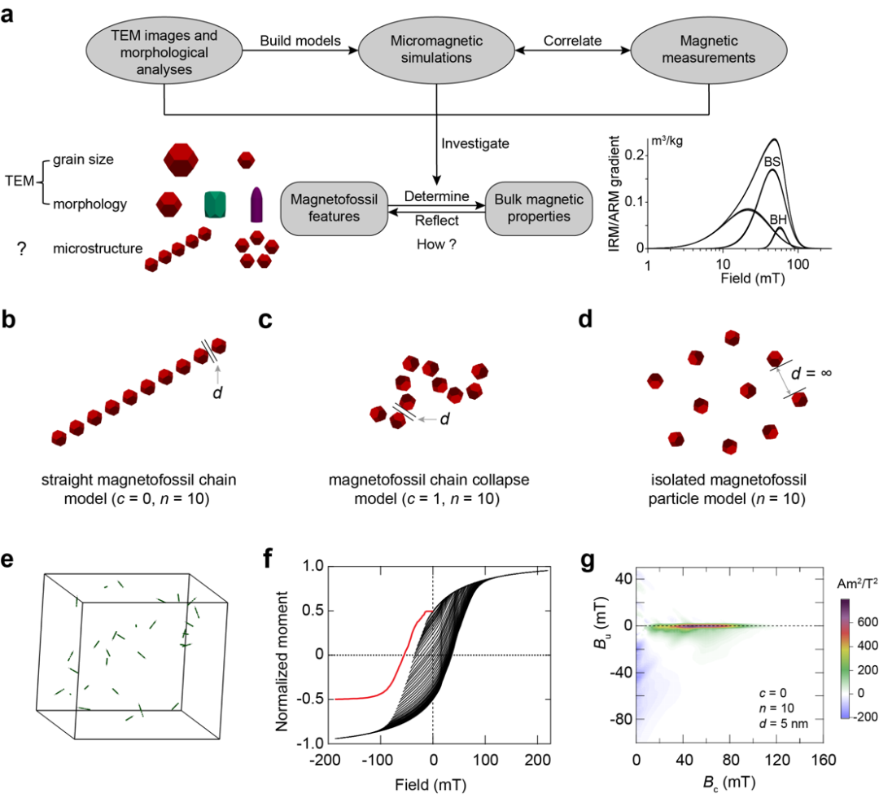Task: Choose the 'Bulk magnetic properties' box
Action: pyautogui.click(x=537, y=208)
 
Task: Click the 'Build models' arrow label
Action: pyautogui.click(x=295, y=40)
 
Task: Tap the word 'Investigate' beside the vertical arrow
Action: pyautogui.click(x=475, y=143)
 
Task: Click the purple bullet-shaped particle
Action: pyautogui.click(x=256, y=204)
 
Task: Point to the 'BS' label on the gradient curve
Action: pyautogui.click(x=772, y=163)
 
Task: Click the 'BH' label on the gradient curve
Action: pyautogui.click(x=778, y=219)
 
